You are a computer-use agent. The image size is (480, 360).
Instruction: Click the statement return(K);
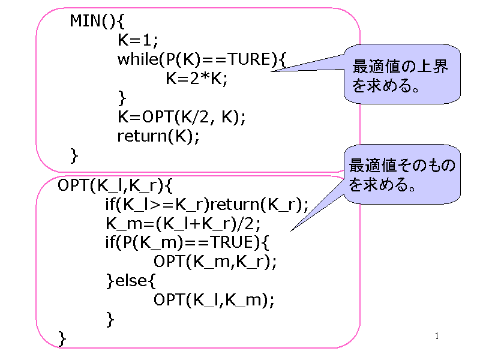point(157,136)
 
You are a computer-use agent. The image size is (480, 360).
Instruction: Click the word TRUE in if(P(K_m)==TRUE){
point(232,243)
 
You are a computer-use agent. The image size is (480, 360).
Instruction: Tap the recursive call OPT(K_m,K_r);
point(215,262)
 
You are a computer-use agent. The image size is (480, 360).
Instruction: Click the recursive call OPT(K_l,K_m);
point(214,300)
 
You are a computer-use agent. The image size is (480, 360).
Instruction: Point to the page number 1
point(437,335)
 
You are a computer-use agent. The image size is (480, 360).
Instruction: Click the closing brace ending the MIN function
point(74,155)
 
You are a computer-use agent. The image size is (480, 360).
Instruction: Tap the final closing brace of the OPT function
point(62,338)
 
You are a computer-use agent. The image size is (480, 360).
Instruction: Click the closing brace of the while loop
point(122,97)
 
